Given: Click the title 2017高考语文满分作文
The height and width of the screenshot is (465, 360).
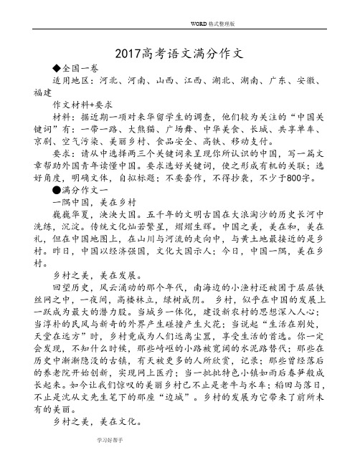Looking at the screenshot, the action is (179, 54).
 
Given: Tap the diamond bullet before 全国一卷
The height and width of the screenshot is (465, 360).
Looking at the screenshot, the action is (47, 70).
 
